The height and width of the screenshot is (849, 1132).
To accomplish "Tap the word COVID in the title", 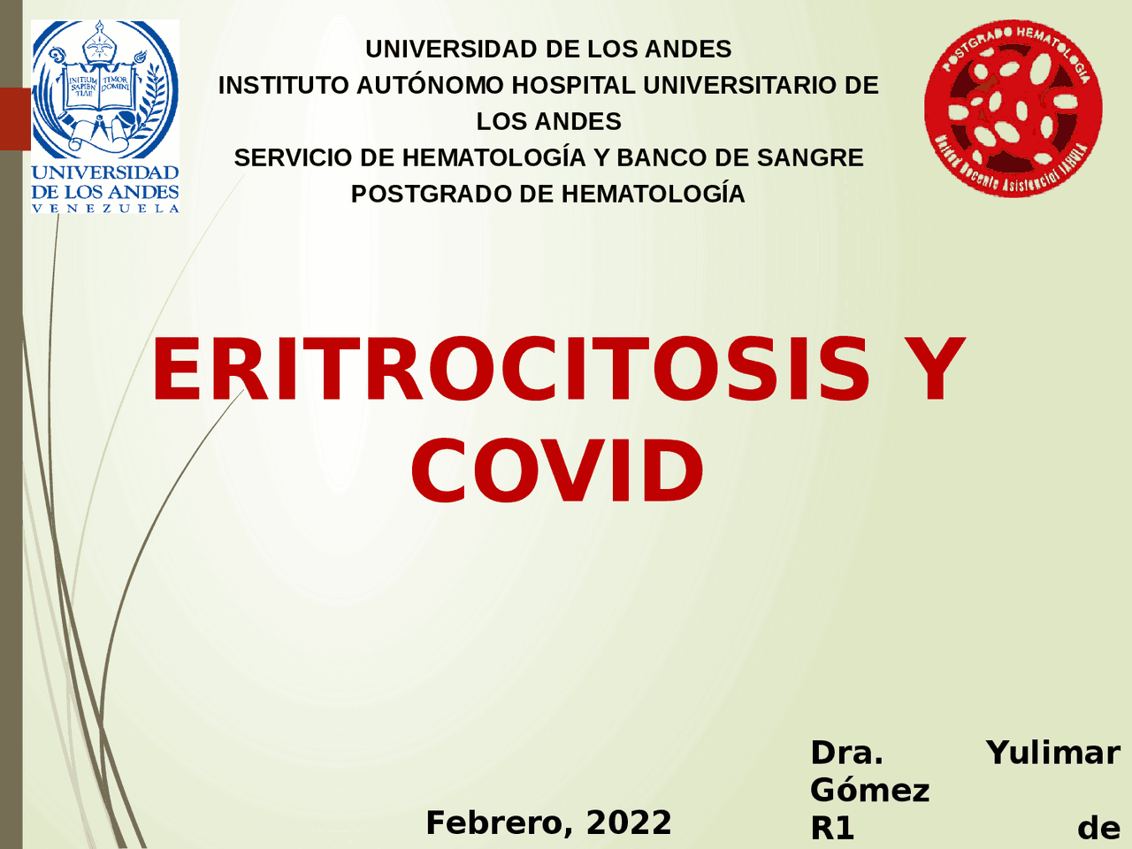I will pos(557,471).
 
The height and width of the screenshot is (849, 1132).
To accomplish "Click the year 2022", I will pos(629,822).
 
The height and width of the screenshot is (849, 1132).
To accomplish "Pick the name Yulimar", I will pos(1052,753).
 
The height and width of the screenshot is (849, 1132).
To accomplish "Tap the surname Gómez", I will pos(869,790).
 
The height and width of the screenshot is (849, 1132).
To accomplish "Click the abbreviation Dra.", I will pos(846,753).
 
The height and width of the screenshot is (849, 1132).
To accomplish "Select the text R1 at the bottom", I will pos(832,829).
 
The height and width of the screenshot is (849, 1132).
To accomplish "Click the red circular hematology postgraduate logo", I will pos(1013,108).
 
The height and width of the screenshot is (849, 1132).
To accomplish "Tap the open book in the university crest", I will pos(99,92).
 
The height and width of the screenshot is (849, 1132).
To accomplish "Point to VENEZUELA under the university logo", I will pos(105,209).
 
